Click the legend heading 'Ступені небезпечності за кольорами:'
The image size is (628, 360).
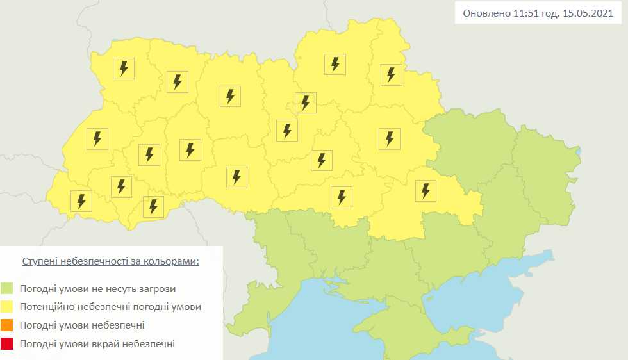coord(111,262)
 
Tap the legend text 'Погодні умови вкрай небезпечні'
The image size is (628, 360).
coord(97,344)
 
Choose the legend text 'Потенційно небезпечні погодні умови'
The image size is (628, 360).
coord(110,307)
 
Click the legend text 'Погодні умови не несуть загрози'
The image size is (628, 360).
coord(97,289)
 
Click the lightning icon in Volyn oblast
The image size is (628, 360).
coord(124,68)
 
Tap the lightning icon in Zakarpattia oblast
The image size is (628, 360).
coord(81,201)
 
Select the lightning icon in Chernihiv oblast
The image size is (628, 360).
coord(335,64)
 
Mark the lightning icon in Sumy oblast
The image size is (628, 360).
coord(391,74)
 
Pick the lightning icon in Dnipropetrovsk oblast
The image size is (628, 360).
coord(424,190)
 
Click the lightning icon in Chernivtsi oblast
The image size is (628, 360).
coord(153,206)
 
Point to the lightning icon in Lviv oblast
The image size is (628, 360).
coord(97,139)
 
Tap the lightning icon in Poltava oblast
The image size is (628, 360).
coord(389,138)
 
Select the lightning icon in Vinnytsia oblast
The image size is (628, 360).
coord(236,177)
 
